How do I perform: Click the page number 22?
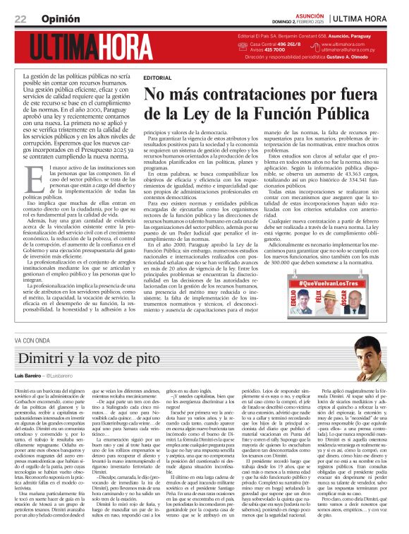20,18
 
